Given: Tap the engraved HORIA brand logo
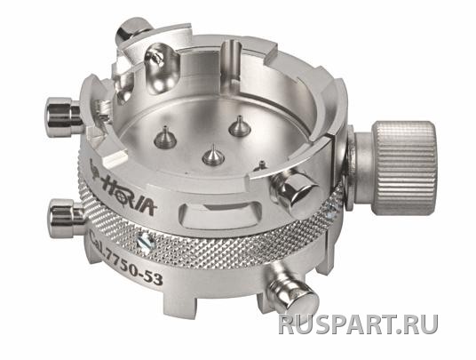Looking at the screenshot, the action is pyautogui.click(x=123, y=189).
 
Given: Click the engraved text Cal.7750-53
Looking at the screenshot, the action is pyautogui.click(x=126, y=259).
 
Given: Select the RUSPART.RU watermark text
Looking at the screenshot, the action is pyautogui.click(x=359, y=324).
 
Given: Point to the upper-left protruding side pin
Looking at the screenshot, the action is pyautogui.click(x=63, y=113).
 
